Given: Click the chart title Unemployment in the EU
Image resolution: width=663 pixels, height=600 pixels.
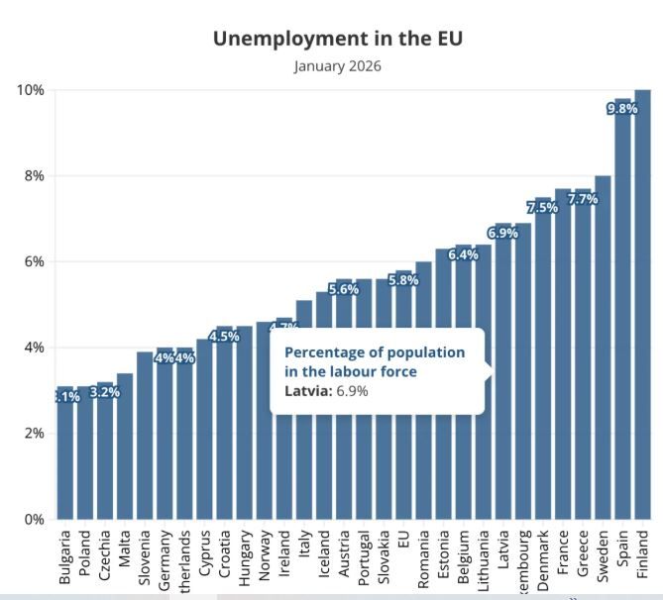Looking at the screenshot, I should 338,39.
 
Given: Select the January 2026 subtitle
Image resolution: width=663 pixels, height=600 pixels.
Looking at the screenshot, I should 338,66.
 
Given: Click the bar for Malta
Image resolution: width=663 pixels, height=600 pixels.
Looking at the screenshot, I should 125,446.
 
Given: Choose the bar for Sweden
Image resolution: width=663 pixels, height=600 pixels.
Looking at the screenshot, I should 603,347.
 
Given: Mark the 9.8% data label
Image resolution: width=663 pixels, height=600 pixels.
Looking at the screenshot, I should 621,109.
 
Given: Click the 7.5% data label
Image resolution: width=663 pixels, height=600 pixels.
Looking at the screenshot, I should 542,208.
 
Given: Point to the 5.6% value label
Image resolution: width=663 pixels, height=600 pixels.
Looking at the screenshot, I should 344,290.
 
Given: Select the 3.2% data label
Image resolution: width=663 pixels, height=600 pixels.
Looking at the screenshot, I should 104,392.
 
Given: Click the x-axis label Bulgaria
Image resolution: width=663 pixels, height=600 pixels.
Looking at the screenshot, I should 65,555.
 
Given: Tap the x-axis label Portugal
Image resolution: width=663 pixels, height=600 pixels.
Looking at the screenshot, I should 364,555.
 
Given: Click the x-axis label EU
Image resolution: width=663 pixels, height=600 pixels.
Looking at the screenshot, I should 403,541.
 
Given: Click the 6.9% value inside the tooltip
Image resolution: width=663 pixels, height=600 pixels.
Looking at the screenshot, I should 352,391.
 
